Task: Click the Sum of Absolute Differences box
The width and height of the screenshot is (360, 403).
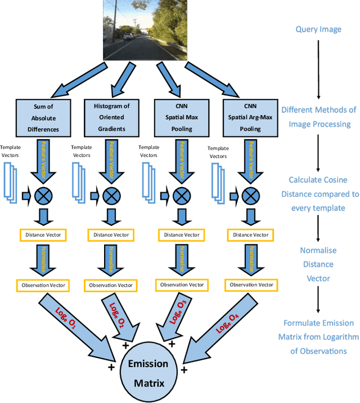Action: (43, 118)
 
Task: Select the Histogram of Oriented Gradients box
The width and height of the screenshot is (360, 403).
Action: (111, 118)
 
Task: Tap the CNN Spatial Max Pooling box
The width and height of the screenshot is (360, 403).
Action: (181, 118)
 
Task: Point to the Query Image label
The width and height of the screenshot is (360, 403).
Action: (318, 29)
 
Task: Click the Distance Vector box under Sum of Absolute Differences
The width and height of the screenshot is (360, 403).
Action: (43, 234)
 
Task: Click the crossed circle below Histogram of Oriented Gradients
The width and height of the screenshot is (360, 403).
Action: (111, 196)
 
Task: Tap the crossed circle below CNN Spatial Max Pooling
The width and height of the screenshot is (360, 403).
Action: (181, 196)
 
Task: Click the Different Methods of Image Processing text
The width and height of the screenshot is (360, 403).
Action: (318, 117)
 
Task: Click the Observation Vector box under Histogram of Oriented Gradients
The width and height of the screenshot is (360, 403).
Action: (111, 286)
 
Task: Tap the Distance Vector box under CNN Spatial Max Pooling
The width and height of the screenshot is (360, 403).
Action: (181, 234)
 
